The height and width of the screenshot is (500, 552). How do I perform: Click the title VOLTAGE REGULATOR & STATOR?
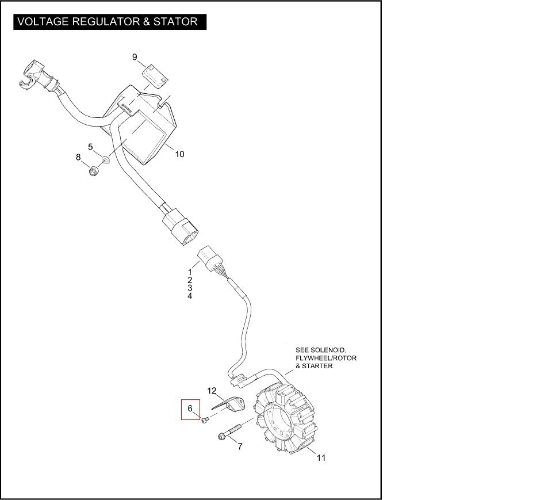[108, 22]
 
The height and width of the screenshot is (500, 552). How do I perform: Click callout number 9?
[135, 57]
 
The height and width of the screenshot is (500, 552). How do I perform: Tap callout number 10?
[179, 154]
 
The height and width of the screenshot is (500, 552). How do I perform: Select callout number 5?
[90, 147]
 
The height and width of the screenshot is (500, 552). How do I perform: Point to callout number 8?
[79, 157]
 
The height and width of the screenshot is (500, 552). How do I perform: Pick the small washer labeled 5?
[106, 158]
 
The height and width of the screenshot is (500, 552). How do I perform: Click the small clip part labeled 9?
[155, 74]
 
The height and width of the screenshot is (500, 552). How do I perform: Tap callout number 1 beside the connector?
[190, 271]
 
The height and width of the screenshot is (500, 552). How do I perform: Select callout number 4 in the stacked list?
[190, 296]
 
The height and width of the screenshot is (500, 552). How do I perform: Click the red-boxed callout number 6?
[190, 409]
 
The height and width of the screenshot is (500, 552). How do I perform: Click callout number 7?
[240, 446]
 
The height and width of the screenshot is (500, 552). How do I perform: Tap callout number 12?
[212, 391]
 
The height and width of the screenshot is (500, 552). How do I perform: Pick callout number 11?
[321, 458]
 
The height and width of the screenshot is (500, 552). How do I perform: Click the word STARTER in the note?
[317, 366]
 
